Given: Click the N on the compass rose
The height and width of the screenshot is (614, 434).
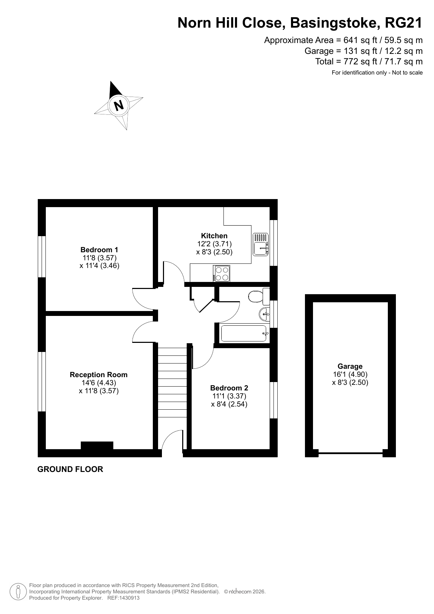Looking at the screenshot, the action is tap(119, 105).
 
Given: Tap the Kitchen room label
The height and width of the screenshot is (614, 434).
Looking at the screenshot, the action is tap(214, 236).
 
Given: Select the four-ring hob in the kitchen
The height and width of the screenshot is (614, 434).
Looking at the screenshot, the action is tap(221, 273).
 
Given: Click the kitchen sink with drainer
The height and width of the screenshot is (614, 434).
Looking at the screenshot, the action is tap(261, 244).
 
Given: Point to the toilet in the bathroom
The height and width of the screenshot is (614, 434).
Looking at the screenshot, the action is tap(259, 297).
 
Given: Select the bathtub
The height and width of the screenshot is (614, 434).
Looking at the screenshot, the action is tap(244, 333).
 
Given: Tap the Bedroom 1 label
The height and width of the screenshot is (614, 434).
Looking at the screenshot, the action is tap(99, 250).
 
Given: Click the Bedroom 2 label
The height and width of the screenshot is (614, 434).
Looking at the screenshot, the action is tap(229, 388).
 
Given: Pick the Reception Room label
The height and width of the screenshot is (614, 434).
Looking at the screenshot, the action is tap(99, 375).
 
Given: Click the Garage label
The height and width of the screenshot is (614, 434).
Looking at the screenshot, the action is tap(350, 366).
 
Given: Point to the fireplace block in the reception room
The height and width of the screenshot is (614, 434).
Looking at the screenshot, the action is tap(97, 445).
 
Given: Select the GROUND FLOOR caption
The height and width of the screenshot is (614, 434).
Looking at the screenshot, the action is tap(70, 470).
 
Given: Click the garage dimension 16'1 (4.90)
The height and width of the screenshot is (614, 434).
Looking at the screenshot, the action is tap(350, 374).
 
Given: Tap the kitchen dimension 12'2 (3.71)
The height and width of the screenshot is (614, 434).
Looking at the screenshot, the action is tap(214, 244).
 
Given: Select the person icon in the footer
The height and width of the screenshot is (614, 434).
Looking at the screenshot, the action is tap(19, 592).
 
